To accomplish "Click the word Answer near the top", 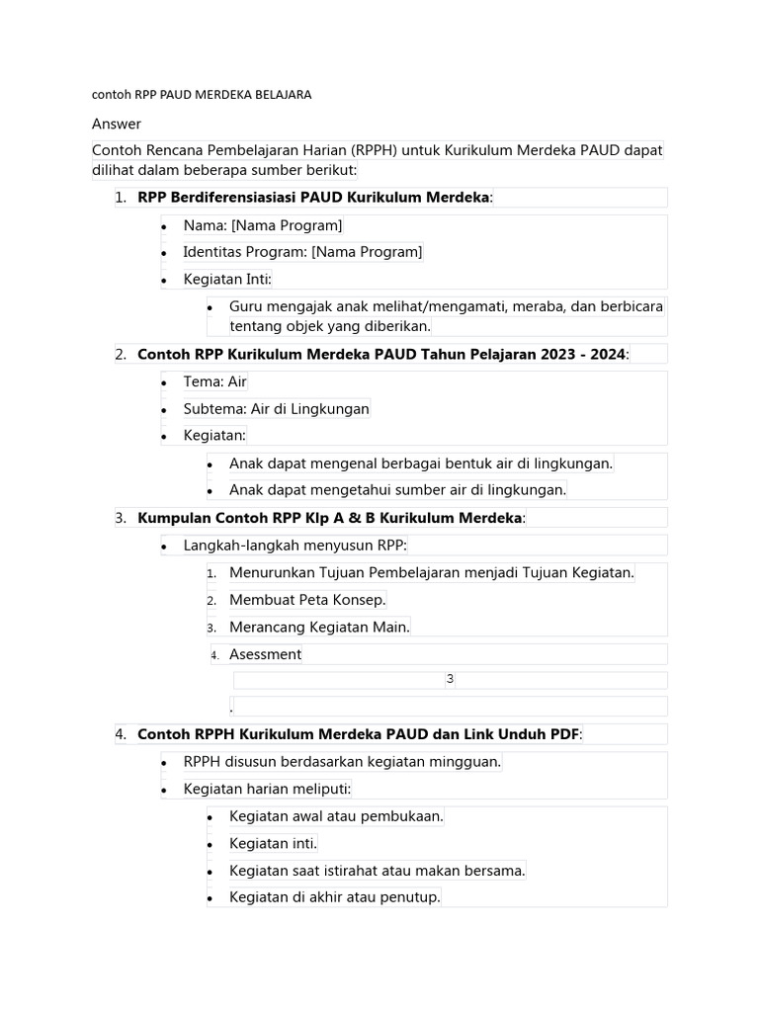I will pyautogui.click(x=117, y=124).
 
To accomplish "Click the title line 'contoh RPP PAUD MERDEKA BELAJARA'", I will pyautogui.click(x=202, y=95).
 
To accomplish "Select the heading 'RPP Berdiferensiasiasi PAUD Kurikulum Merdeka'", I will pyautogui.click(x=313, y=198).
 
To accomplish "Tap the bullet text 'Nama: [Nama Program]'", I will pyautogui.click(x=263, y=225).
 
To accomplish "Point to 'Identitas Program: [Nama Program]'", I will pyautogui.click(x=302, y=252).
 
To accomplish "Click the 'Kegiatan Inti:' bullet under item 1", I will pyautogui.click(x=227, y=280).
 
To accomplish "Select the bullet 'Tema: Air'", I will pyautogui.click(x=214, y=381).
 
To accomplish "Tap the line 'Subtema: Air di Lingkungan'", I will pyautogui.click(x=276, y=408).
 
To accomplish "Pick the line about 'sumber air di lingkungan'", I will pyautogui.click(x=397, y=489).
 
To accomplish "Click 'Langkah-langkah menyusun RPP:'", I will pyautogui.click(x=295, y=545).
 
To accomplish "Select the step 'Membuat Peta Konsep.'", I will pyautogui.click(x=307, y=600).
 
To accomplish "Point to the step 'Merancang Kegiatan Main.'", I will pyautogui.click(x=319, y=627).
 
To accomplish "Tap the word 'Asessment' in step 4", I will pyautogui.click(x=265, y=654).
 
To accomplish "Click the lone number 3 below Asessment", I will pyautogui.click(x=450, y=679).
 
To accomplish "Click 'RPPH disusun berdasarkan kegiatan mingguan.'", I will pyautogui.click(x=342, y=761).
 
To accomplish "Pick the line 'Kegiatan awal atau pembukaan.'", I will pyautogui.click(x=336, y=816).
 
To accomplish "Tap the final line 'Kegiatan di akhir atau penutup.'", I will pyautogui.click(x=334, y=897).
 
